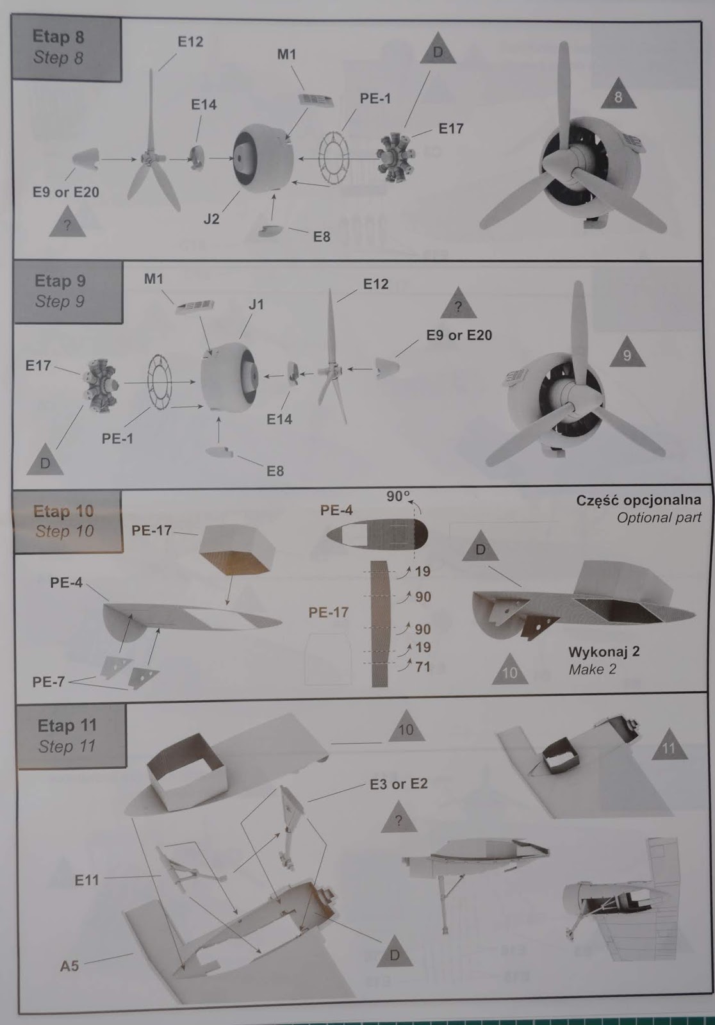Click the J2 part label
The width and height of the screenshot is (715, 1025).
click(x=211, y=218)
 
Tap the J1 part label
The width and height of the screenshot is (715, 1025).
click(x=256, y=304)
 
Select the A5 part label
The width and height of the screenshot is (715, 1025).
click(x=69, y=965)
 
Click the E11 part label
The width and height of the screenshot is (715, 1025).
click(x=86, y=880)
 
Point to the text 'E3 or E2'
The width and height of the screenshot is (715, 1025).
click(x=399, y=783)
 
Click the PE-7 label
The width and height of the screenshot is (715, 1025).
click(x=49, y=682)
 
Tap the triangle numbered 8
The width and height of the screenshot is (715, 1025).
click(x=618, y=94)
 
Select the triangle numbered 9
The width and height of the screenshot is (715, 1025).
click(x=627, y=352)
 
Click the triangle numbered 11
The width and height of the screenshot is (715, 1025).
click(x=669, y=744)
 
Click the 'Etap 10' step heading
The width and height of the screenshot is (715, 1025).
click(x=63, y=511)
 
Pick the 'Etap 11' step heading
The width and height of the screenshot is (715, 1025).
click(x=67, y=725)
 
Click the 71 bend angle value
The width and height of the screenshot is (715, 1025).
click(x=422, y=667)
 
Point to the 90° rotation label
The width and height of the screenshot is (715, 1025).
click(x=398, y=496)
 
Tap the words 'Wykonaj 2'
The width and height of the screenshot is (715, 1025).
click(x=604, y=651)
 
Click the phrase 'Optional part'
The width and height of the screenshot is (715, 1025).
click(x=659, y=518)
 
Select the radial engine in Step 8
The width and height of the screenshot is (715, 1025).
click(x=395, y=158)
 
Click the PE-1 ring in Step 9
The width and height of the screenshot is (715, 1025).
click(x=160, y=382)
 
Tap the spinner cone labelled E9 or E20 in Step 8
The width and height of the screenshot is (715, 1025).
click(x=86, y=160)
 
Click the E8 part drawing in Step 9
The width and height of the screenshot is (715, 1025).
click(x=220, y=452)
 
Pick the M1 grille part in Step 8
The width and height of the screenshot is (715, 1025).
click(x=315, y=100)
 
